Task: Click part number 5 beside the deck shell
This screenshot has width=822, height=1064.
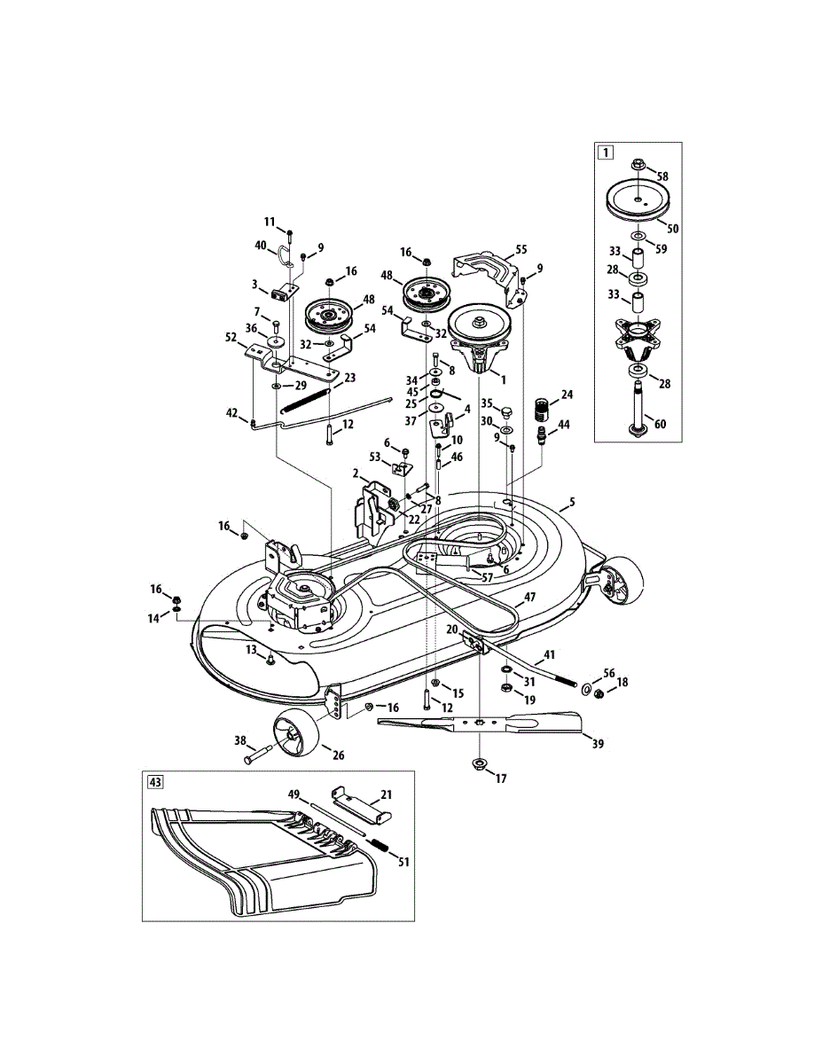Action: point(572,503)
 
